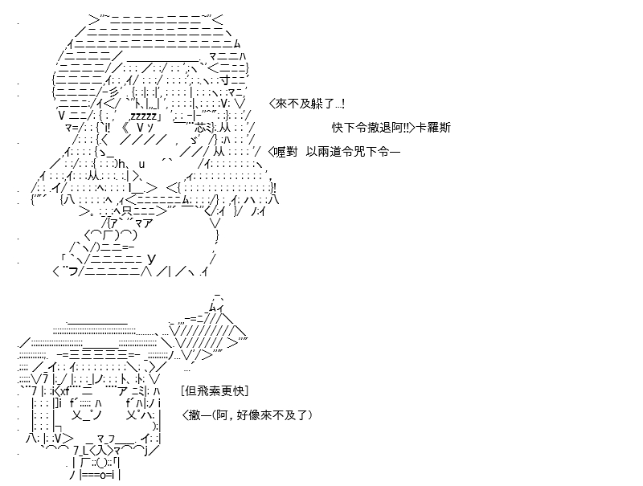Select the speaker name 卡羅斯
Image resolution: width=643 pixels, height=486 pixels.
(x=433, y=128)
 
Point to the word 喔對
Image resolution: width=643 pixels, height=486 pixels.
(x=286, y=152)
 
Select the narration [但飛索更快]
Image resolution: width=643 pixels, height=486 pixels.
(x=215, y=391)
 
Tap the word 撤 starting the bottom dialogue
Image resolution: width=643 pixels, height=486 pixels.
(x=194, y=415)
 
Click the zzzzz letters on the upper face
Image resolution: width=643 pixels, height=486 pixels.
(x=143, y=116)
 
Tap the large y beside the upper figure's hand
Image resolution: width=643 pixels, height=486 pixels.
(x=151, y=258)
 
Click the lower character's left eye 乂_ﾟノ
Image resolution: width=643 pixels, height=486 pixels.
(x=86, y=415)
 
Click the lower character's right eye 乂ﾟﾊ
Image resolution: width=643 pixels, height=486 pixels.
(x=138, y=415)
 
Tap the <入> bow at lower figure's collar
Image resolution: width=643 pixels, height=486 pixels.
(x=100, y=451)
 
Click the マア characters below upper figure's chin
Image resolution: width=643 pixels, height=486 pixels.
(x=143, y=223)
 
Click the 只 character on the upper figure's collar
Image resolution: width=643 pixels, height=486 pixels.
(x=127, y=212)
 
